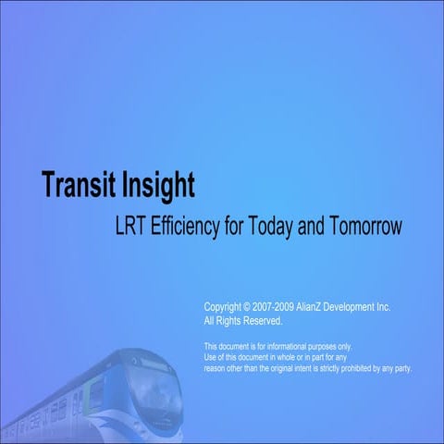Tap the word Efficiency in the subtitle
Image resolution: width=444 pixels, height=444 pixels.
(x=189, y=227)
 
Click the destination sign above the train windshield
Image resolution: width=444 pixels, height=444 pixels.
(x=153, y=364)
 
